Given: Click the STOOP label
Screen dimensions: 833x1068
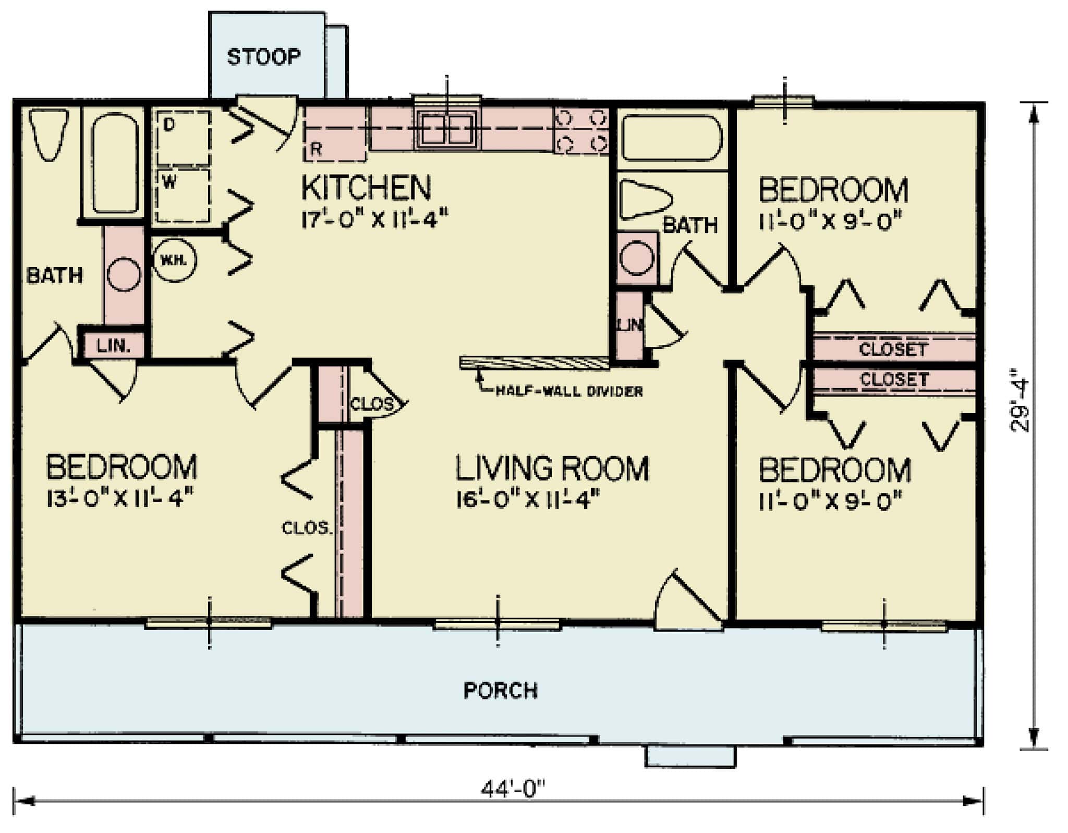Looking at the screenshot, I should point(263,56).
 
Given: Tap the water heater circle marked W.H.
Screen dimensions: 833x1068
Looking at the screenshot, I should point(175,260).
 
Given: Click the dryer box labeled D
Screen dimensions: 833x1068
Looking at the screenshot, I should point(183,138).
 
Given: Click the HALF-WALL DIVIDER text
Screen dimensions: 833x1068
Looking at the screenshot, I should point(568,391).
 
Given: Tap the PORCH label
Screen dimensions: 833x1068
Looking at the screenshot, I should point(500,691).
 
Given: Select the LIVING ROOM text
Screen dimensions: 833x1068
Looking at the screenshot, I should point(552,468).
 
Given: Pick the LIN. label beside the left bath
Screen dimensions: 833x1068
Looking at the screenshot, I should point(113,345).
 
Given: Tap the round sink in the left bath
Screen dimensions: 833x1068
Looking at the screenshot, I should point(124,274).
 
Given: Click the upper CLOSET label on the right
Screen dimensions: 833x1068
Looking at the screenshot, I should point(893,349).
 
